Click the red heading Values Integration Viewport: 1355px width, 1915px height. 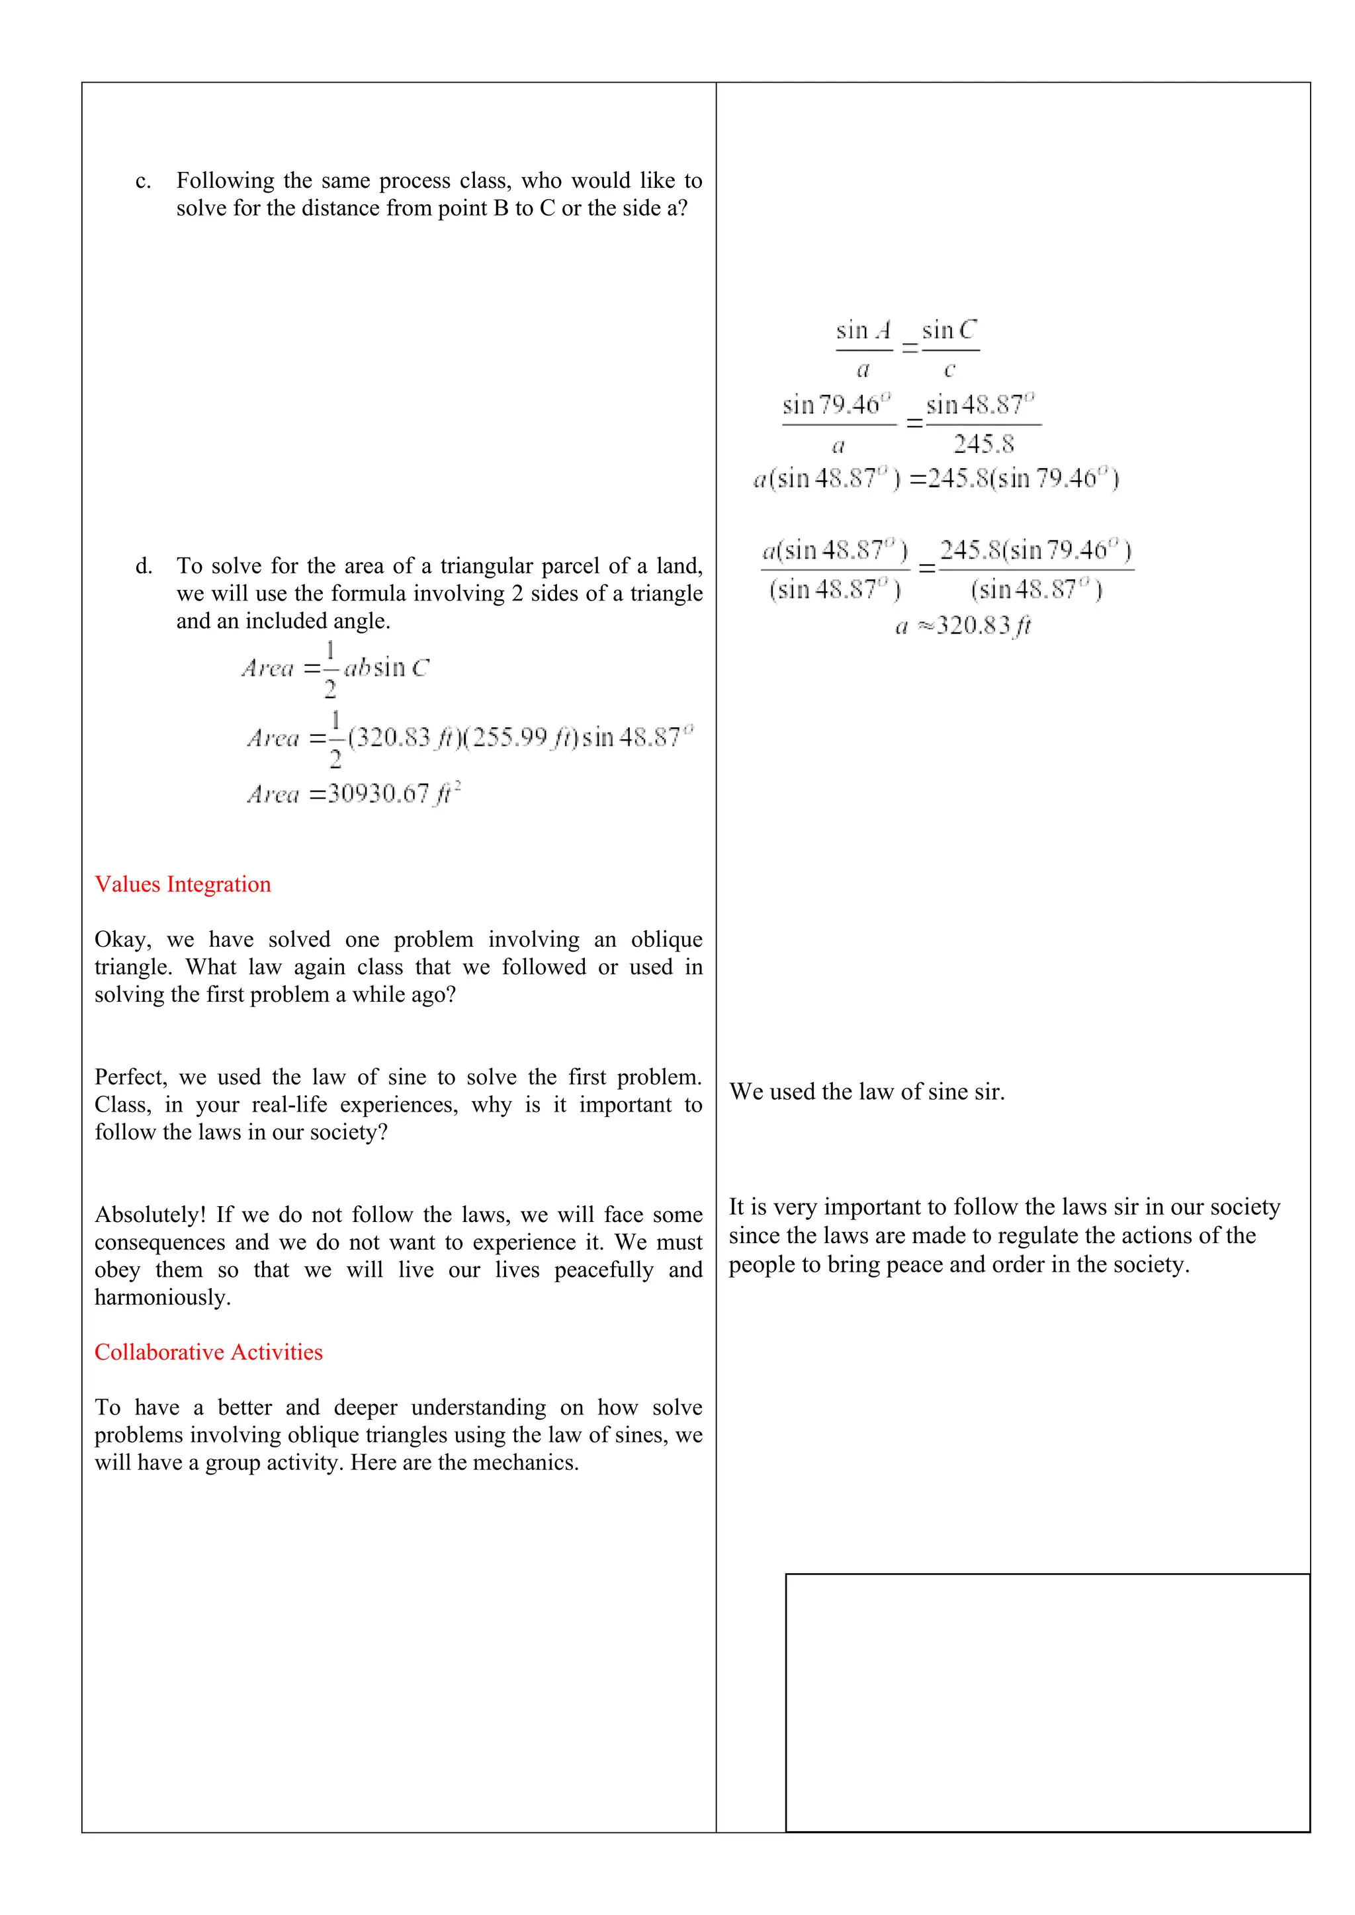click(183, 884)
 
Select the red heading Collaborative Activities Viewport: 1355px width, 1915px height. click(208, 1352)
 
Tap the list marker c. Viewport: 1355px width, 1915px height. click(143, 181)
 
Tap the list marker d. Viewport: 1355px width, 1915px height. click(144, 566)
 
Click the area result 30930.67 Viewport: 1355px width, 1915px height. click(378, 794)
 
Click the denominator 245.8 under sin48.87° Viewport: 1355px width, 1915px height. click(984, 444)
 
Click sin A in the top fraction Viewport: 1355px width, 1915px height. click(863, 330)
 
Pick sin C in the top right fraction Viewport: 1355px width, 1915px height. click(949, 330)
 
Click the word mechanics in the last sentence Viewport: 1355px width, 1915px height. click(524, 1462)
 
